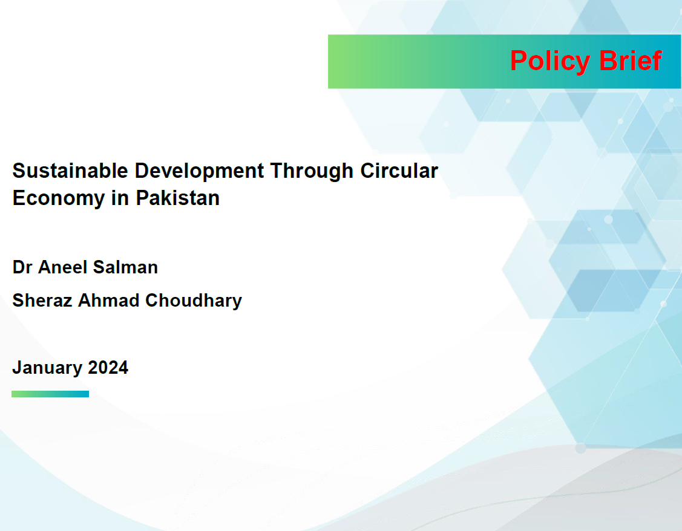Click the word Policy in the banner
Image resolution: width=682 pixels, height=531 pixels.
[x=550, y=61]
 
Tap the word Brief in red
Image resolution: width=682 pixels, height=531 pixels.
[x=631, y=60]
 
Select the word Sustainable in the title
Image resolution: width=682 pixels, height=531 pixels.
[x=70, y=171]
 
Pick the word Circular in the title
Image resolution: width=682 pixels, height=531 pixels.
[x=399, y=171]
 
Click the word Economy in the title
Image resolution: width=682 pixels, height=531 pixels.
[x=58, y=199]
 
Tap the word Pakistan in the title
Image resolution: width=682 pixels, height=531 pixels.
[x=177, y=198]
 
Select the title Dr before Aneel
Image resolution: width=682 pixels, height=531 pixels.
[x=22, y=267]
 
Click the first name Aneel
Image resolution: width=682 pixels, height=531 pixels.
[x=63, y=267]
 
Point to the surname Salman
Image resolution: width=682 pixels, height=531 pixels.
[x=125, y=267]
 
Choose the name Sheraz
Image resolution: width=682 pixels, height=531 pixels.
[x=42, y=301]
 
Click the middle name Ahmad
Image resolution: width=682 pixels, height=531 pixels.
[x=108, y=301]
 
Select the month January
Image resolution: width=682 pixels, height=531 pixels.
[x=47, y=368]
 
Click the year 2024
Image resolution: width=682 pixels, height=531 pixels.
[x=108, y=368]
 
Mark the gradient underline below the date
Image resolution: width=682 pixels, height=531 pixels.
[x=50, y=394]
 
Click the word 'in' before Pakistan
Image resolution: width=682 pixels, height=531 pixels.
[x=120, y=198]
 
